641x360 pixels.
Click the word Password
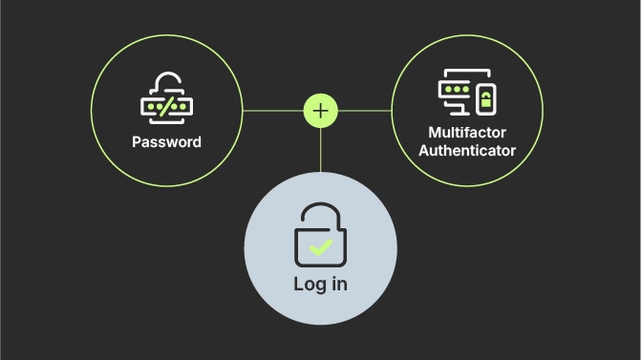point(166,142)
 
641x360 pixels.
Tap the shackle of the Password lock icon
point(167,81)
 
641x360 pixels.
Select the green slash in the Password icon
point(166,106)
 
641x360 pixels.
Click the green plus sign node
point(320,111)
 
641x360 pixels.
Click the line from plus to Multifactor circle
point(365,111)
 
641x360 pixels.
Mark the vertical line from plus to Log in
point(320,149)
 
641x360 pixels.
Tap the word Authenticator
point(467,151)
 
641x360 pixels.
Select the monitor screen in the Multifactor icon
point(456,88)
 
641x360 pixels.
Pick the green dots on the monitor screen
point(455,88)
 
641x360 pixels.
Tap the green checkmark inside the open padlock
point(320,248)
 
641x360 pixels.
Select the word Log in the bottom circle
point(309,285)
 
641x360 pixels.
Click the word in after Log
point(338,284)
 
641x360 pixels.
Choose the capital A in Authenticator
point(425,151)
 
